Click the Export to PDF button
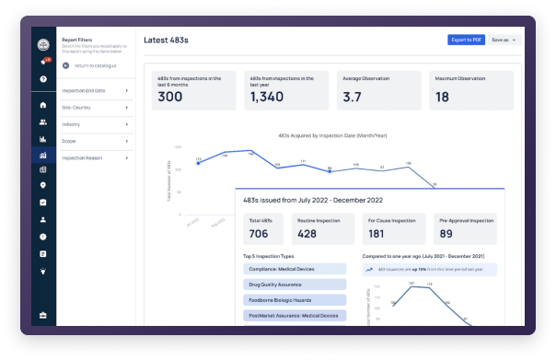click(466, 40)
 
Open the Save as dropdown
click(505, 40)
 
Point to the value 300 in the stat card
click(170, 97)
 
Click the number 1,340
click(268, 97)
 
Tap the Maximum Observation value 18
click(443, 97)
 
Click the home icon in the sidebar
click(42, 105)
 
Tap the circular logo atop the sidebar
click(42, 45)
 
